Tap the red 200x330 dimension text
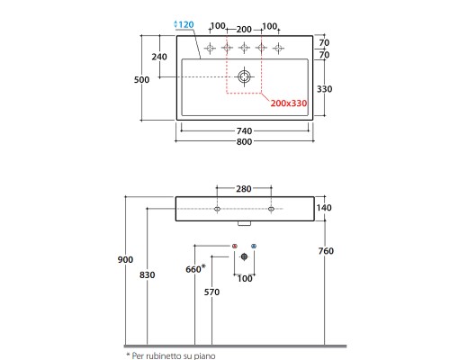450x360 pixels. (289, 103)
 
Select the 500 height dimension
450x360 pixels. (141, 80)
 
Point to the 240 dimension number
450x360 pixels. (159, 57)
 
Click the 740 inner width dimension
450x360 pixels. (244, 131)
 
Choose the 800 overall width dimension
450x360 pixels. (244, 141)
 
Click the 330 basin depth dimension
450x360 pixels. (325, 89)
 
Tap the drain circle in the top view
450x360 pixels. (244, 76)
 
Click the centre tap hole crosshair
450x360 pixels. (244, 48)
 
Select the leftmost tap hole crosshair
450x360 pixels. (210, 48)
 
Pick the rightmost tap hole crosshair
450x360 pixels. (279, 48)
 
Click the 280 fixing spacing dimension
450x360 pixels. (244, 189)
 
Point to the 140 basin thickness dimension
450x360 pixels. (324, 208)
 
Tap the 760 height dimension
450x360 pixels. (326, 251)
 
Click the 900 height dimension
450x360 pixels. (125, 259)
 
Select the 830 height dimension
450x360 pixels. (148, 274)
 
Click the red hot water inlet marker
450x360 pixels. (235, 246)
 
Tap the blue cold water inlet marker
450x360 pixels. (254, 246)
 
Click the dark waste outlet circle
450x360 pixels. (244, 256)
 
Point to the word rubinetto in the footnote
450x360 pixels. (164, 356)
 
